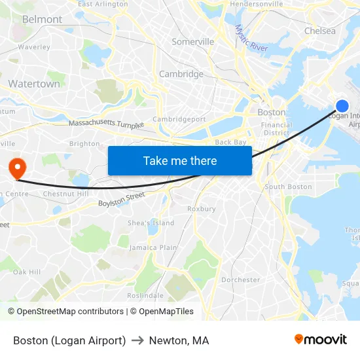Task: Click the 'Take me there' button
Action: [x=180, y=160]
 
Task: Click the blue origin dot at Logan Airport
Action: [x=342, y=106]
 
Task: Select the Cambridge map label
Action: [x=181, y=74]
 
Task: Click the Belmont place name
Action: [x=42, y=20]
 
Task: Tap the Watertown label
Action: [x=34, y=84]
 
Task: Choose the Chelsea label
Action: [x=319, y=31]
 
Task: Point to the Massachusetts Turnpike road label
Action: [x=106, y=123]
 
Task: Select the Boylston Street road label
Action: [x=121, y=200]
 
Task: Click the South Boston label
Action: [x=288, y=187]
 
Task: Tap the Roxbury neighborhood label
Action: [x=201, y=209]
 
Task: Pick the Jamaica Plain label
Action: [x=153, y=247]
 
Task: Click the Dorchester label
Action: [x=240, y=279]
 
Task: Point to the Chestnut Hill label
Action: [x=65, y=194]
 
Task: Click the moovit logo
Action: [x=320, y=340]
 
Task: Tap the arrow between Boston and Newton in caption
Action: [x=137, y=340]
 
